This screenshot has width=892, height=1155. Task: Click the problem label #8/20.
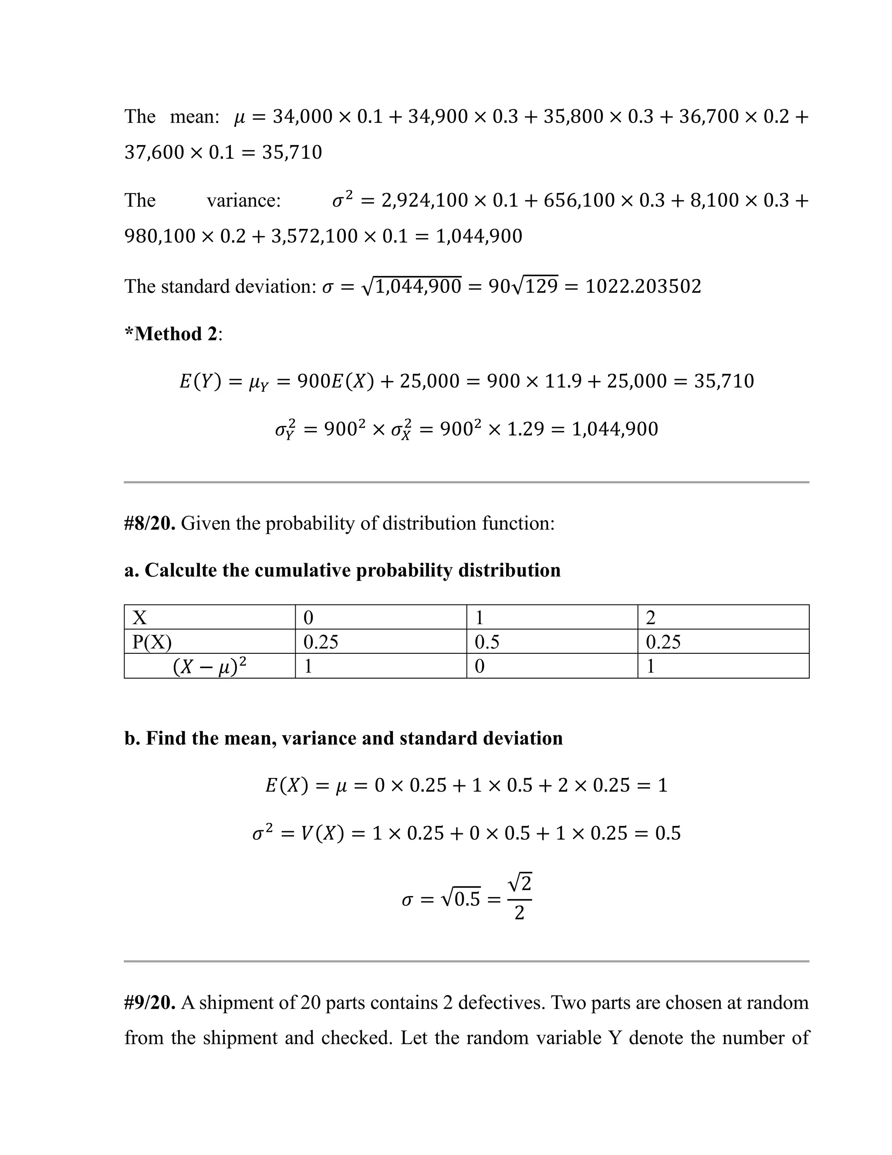click(x=149, y=523)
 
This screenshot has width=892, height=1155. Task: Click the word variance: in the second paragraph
click(x=243, y=201)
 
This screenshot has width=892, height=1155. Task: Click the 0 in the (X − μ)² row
click(x=479, y=666)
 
